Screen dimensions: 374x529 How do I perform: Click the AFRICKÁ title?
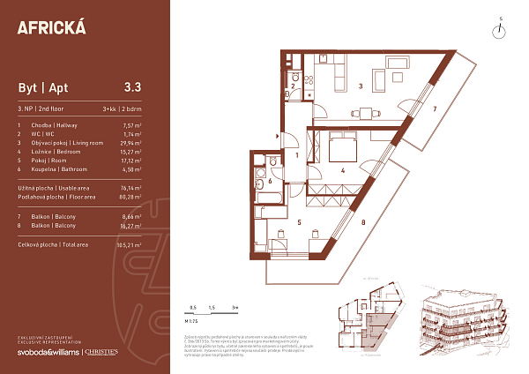click(52, 26)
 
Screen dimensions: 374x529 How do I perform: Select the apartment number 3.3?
click(133, 87)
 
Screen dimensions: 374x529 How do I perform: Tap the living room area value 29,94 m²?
click(130, 141)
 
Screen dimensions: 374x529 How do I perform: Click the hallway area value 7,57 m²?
click(132, 125)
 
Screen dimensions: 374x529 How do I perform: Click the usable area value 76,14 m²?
click(130, 188)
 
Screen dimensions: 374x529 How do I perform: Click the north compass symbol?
click(499, 30)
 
